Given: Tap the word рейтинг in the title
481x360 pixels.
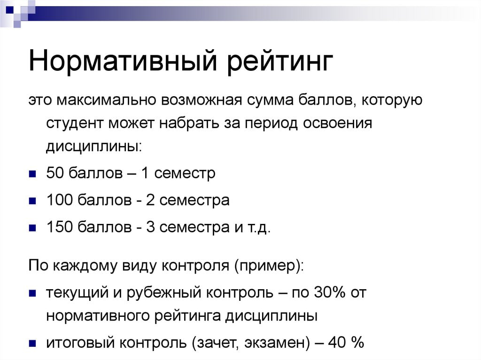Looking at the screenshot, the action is pos(280,62).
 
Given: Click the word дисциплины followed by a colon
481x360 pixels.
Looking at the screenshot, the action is pos(94,146).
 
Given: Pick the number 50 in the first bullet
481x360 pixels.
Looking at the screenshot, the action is pos(55,173).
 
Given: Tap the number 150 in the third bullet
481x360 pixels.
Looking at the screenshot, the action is pos(59,227).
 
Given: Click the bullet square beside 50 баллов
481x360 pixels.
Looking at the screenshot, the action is pos(32,174).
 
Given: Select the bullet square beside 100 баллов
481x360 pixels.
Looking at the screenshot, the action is pos(32,201).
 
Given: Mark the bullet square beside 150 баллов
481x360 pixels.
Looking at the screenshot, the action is pos(32,228).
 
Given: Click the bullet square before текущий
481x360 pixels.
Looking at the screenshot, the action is pos(32,293).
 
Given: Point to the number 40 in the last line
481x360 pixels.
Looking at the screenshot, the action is pos(337,342).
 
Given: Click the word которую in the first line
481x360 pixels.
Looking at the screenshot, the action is pos(392,100).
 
